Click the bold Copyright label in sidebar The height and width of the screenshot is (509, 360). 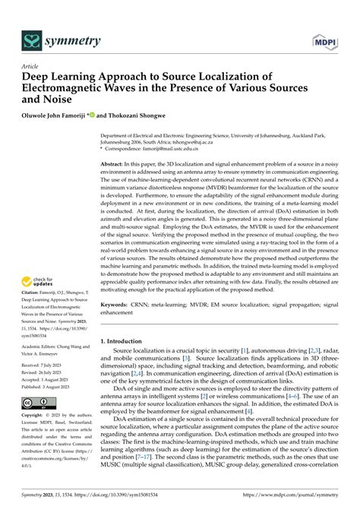(34, 417)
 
